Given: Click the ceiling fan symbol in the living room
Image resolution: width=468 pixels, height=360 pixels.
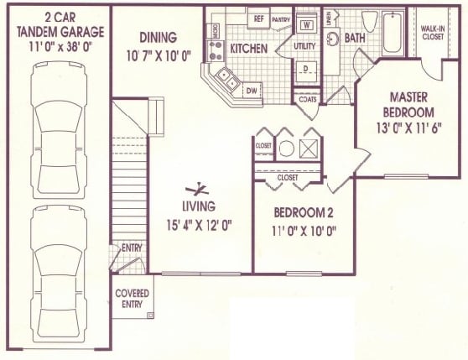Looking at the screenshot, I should click(x=199, y=189).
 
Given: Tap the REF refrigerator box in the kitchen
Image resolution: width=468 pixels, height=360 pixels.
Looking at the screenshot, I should click(x=258, y=18).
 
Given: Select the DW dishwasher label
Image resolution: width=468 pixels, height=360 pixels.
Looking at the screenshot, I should click(x=251, y=91).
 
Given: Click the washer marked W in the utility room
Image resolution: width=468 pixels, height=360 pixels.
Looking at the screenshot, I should click(x=306, y=24).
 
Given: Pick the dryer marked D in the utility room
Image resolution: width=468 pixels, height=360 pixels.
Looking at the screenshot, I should click(x=306, y=68).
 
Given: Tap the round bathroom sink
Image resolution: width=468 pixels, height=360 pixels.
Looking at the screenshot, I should click(x=333, y=38).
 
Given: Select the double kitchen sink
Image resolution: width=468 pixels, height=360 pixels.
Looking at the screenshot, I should click(x=226, y=79).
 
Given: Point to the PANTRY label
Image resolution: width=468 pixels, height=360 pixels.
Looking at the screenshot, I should click(x=281, y=18).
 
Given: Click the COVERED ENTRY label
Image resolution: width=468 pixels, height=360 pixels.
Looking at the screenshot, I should click(x=132, y=298).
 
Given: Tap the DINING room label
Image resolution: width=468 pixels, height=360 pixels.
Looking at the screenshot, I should click(x=158, y=38).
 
